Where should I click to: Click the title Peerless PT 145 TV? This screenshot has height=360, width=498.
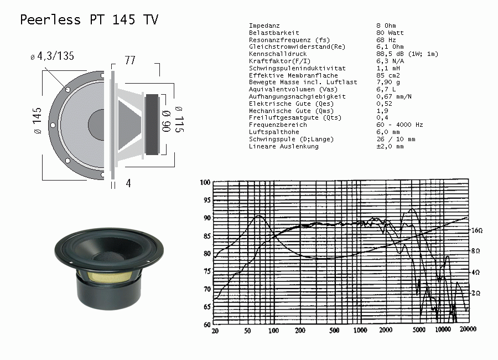tap(89, 20)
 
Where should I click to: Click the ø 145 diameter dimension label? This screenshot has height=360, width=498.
tap(37, 120)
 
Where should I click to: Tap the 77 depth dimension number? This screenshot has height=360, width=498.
tap(130, 60)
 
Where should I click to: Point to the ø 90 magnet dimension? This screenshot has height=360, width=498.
tap(166, 121)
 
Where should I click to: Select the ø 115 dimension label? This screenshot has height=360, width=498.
tap(179, 120)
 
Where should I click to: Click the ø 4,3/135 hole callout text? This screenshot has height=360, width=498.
tap(53, 56)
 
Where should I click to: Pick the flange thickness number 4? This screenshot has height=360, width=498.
tap(128, 183)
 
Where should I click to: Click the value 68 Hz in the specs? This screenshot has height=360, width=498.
tap(386, 40)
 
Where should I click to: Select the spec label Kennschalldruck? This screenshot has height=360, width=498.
tap(278, 54)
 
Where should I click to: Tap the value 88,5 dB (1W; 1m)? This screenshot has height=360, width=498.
tap(407, 54)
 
